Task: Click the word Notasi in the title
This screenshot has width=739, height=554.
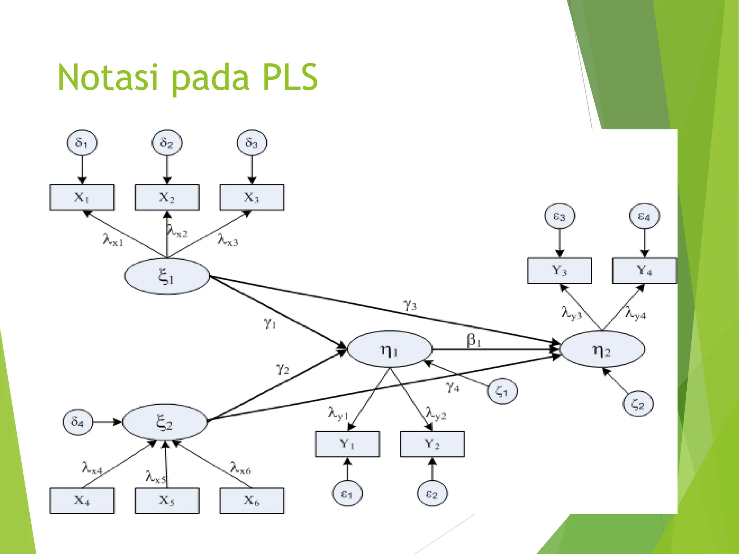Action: (108, 77)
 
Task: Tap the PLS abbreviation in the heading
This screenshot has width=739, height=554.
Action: (290, 77)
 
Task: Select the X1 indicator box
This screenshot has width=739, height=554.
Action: (82, 198)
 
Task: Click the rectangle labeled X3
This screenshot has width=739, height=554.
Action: (252, 198)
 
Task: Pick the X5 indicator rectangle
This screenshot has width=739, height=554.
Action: (167, 500)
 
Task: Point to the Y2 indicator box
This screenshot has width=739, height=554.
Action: (432, 444)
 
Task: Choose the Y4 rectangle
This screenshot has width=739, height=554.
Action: (644, 271)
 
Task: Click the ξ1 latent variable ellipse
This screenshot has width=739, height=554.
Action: (167, 276)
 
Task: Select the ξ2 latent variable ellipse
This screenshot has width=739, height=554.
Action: (165, 422)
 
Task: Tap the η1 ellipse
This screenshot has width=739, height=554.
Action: (389, 349)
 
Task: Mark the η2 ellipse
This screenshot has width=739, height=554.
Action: (602, 349)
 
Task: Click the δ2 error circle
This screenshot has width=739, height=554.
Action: (167, 143)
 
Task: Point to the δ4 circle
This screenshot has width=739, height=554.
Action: (78, 422)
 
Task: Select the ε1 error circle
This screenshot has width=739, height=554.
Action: (347, 494)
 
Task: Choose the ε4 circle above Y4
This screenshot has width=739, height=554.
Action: (644, 216)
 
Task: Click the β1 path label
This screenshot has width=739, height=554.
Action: (474, 340)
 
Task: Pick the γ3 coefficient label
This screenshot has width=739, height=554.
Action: (410, 305)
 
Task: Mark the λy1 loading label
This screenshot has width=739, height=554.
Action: (338, 413)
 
